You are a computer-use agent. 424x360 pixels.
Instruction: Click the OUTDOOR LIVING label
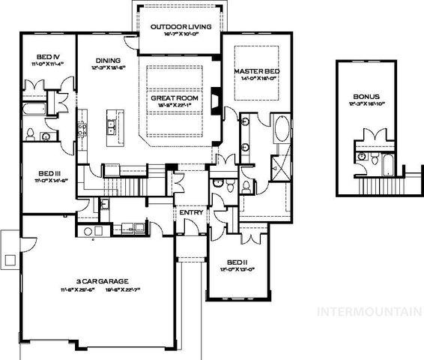point(180,27)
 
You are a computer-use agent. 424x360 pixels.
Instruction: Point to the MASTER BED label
point(256,70)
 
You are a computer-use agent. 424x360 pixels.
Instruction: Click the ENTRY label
point(191,212)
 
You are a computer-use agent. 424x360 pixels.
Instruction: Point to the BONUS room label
point(366,97)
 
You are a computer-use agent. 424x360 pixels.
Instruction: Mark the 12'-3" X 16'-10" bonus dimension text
point(366,105)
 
